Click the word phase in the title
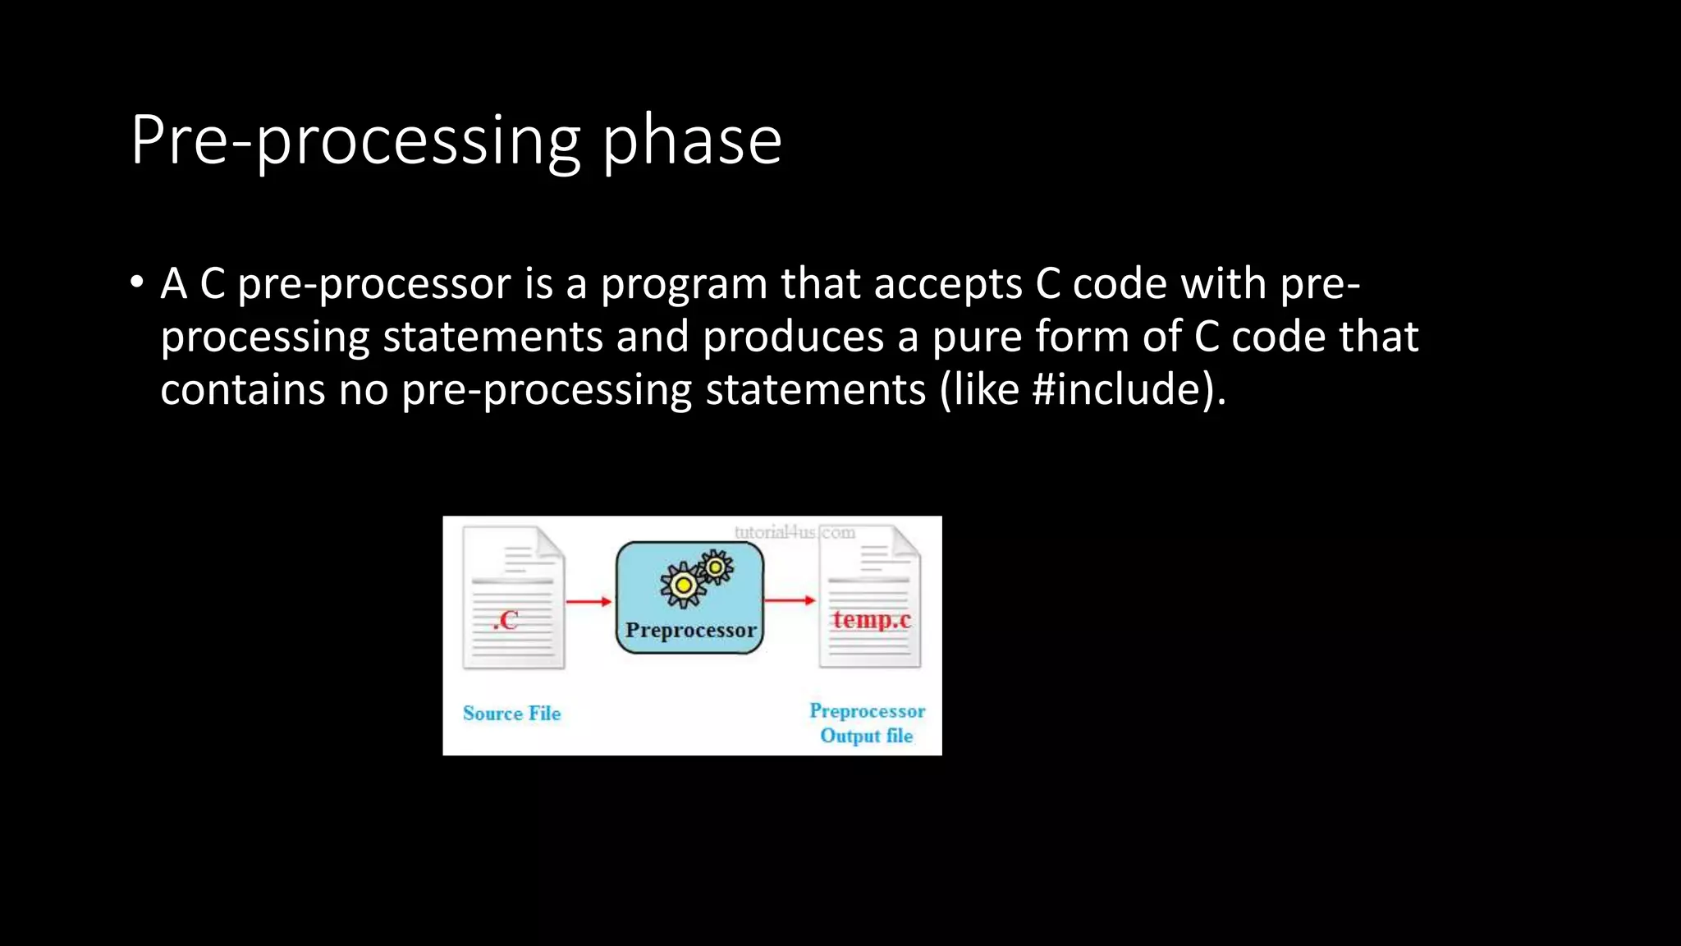click(x=692, y=141)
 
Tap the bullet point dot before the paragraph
click(x=137, y=283)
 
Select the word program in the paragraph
click(x=683, y=285)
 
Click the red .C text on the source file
click(x=506, y=620)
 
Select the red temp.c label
click(x=871, y=619)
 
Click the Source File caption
click(x=511, y=714)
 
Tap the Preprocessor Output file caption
click(x=867, y=723)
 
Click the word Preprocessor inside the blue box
click(x=690, y=631)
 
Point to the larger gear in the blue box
click(x=682, y=586)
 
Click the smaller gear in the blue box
click(x=716, y=567)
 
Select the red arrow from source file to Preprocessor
click(x=589, y=602)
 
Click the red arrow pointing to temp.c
click(x=790, y=600)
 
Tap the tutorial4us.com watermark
click(x=794, y=532)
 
